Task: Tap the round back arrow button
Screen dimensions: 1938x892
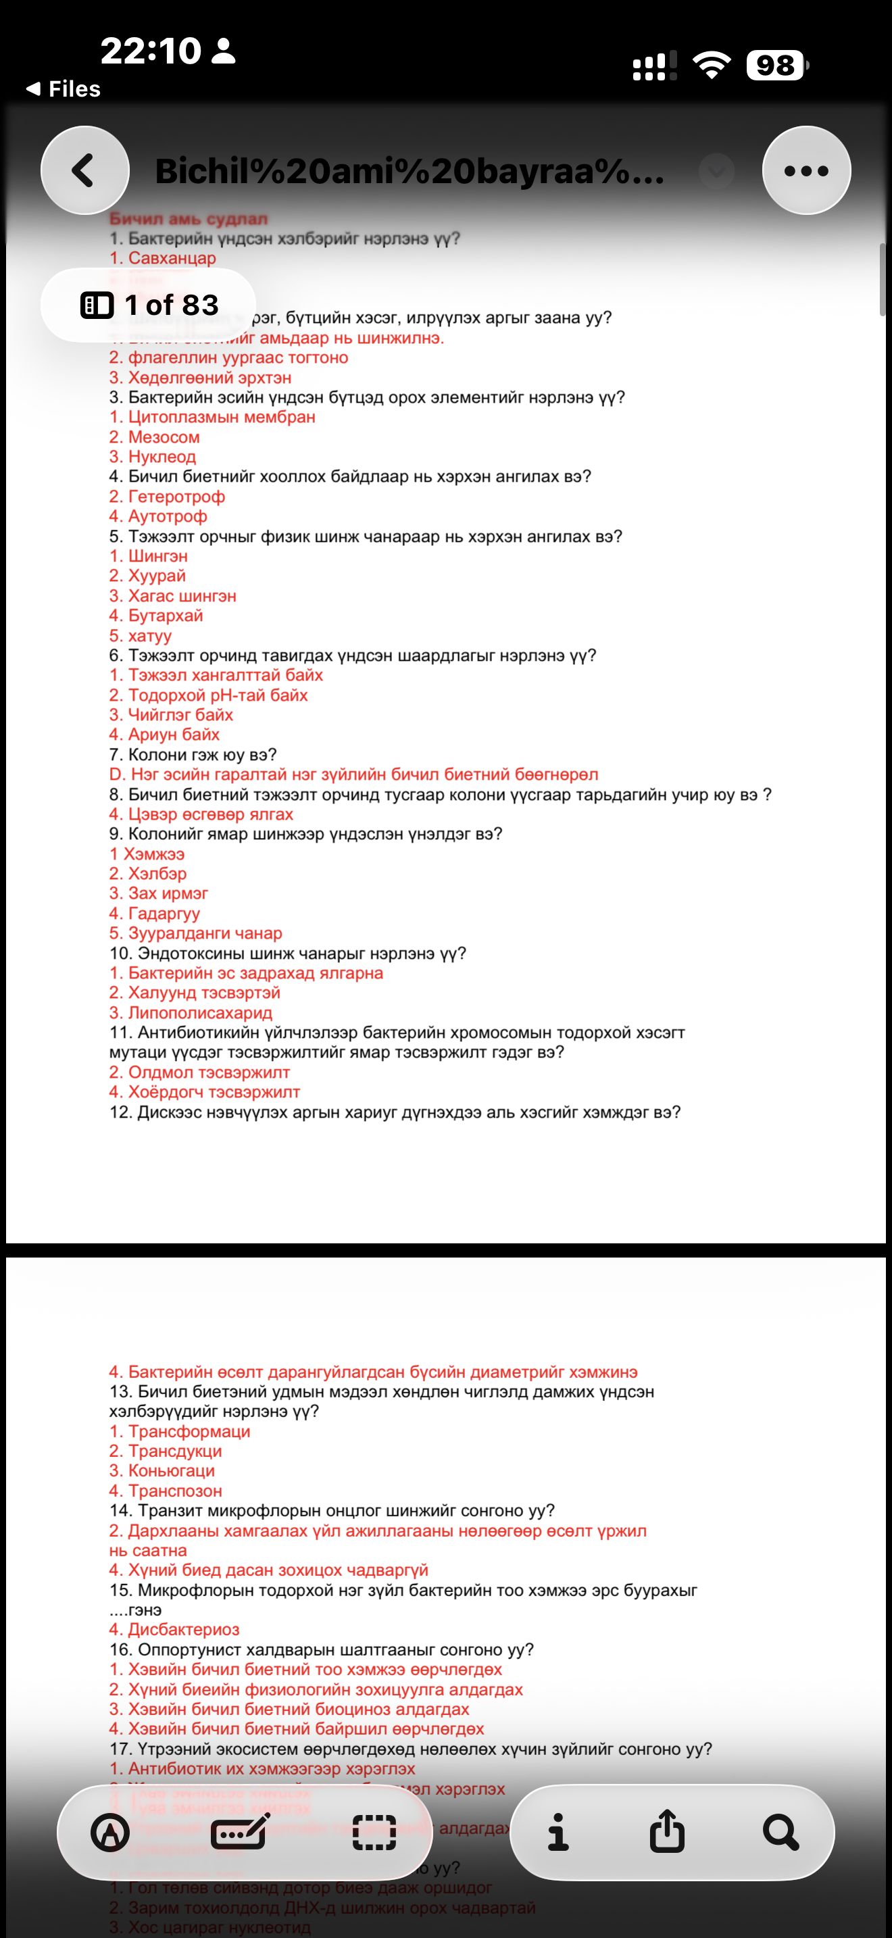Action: (x=85, y=171)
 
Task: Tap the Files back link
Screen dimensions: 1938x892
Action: (x=64, y=89)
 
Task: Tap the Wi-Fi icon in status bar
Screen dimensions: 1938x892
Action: (x=712, y=65)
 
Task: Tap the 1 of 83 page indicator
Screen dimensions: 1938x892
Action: (x=149, y=305)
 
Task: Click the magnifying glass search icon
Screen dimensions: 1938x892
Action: (x=780, y=1831)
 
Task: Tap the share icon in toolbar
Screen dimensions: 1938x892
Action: (x=667, y=1831)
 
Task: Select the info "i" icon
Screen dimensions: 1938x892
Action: (x=558, y=1831)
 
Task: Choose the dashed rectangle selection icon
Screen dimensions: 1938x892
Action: (x=374, y=1832)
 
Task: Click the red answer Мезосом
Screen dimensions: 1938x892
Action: (x=154, y=437)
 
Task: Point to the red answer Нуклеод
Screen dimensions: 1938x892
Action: (x=153, y=457)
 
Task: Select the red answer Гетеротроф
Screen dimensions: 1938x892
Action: (x=167, y=497)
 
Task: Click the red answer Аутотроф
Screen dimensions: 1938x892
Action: (x=158, y=516)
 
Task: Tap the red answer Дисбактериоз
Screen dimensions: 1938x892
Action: (x=174, y=1630)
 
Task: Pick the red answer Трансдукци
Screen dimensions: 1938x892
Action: (x=166, y=1451)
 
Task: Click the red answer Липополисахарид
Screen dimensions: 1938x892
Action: (x=191, y=1013)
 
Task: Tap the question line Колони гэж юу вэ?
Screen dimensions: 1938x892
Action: (x=193, y=755)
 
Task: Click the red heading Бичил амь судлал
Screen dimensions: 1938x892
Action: (x=188, y=219)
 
